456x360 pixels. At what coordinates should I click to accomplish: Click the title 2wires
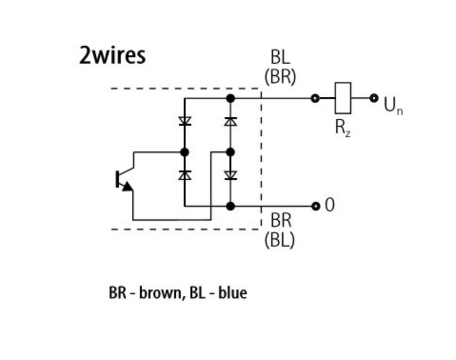click(x=112, y=56)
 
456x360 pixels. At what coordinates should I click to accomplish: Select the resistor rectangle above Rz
click(x=343, y=98)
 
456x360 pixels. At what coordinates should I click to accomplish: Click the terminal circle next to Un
click(x=374, y=98)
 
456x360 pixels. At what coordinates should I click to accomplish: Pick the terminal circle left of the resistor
click(x=315, y=99)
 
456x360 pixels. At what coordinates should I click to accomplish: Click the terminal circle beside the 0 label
click(x=315, y=206)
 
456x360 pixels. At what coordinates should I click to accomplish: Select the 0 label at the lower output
click(x=329, y=206)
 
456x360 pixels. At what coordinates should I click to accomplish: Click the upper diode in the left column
click(x=185, y=121)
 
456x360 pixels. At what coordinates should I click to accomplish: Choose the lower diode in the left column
click(x=185, y=175)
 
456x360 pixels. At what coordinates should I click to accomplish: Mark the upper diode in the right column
click(x=230, y=121)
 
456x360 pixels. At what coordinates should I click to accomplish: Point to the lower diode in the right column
click(x=230, y=175)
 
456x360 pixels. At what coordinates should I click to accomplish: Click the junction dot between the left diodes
click(x=185, y=152)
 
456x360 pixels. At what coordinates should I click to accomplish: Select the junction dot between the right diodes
click(x=230, y=152)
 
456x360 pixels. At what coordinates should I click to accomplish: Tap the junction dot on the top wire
click(x=230, y=99)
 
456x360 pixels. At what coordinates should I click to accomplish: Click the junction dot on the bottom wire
click(x=230, y=206)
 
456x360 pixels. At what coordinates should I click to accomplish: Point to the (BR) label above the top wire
click(x=280, y=77)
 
